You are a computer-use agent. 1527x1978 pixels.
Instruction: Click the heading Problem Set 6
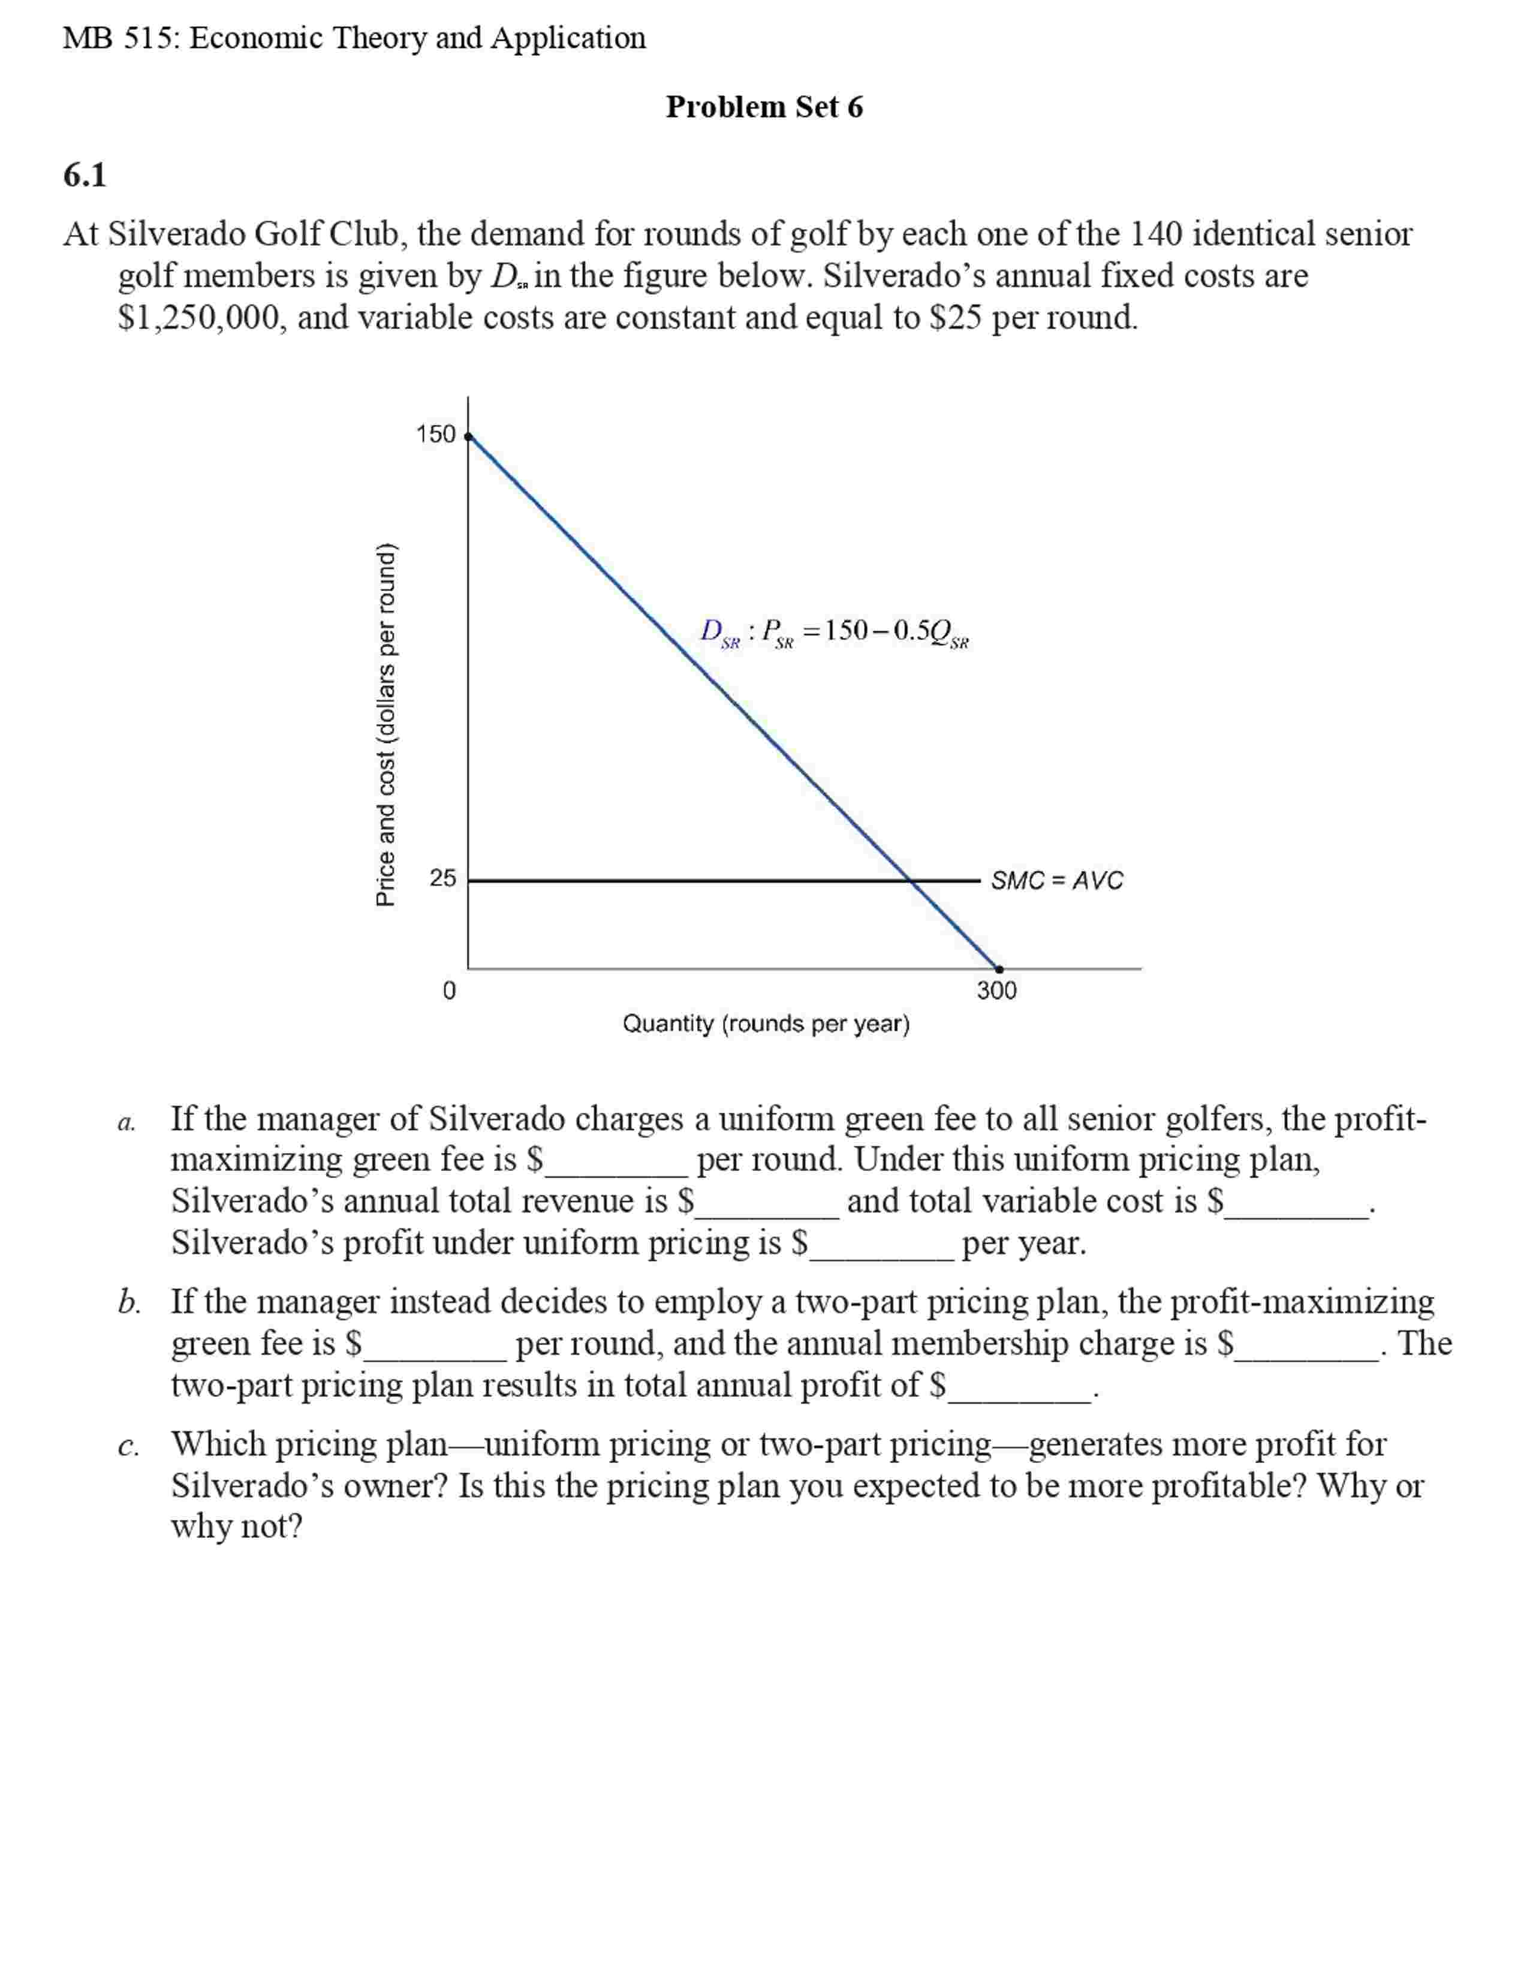[x=764, y=107]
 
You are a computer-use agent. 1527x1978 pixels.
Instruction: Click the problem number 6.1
[x=84, y=175]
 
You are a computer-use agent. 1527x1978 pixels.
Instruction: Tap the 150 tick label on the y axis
[x=436, y=435]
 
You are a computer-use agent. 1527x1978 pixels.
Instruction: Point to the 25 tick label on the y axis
[x=442, y=878]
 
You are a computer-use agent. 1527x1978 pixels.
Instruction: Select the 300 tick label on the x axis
[x=996, y=991]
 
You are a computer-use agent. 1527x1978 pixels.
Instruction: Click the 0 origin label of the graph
[x=449, y=991]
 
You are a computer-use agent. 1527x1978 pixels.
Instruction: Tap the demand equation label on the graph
[x=833, y=632]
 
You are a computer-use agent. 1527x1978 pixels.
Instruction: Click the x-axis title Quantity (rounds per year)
[x=766, y=1023]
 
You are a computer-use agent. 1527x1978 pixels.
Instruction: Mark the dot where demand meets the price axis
[x=468, y=436]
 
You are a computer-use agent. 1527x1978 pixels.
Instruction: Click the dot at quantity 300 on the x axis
[x=999, y=969]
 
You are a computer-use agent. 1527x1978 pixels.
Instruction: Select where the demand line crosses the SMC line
[x=910, y=880]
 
